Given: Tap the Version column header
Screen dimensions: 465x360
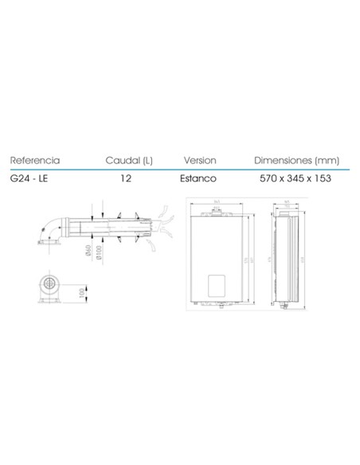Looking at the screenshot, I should pyautogui.click(x=200, y=159).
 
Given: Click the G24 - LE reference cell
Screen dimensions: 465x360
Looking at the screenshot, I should pyautogui.click(x=31, y=179).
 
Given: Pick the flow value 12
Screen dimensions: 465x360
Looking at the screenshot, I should pyautogui.click(x=125, y=179).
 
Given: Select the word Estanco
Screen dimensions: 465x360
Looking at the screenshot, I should pyautogui.click(x=200, y=179).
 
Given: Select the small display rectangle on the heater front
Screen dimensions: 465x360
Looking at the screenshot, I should pyautogui.click(x=216, y=286).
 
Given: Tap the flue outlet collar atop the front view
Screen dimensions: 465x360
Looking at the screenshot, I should pyautogui.click(x=215, y=213).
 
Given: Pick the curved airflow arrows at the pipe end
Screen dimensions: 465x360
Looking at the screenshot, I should pyautogui.click(x=165, y=221).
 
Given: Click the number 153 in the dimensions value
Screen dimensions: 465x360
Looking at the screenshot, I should pyautogui.click(x=322, y=179).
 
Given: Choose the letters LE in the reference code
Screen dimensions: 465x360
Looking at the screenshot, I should pyautogui.click(x=45, y=179).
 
